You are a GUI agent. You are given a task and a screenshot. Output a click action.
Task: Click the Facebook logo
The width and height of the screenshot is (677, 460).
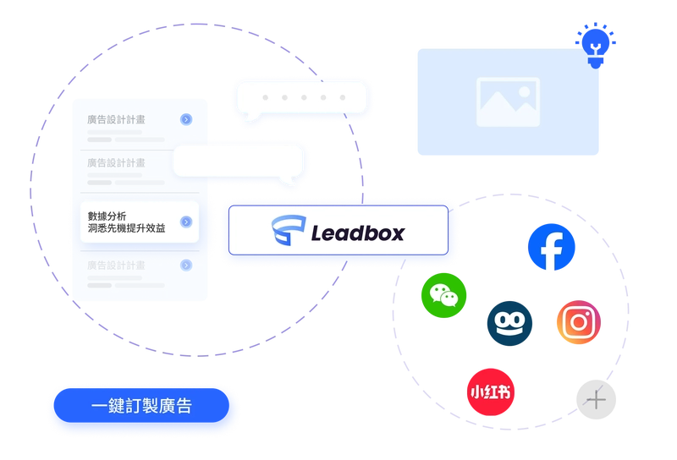pyautogui.click(x=551, y=248)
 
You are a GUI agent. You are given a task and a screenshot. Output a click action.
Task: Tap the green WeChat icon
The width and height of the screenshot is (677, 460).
pyautogui.click(x=443, y=296)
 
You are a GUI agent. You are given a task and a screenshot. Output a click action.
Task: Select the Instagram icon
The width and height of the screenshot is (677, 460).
pyautogui.click(x=579, y=322)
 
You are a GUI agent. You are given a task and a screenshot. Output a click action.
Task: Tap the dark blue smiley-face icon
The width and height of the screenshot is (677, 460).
pyautogui.click(x=509, y=323)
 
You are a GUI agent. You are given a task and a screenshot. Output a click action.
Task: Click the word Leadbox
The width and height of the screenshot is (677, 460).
pyautogui.click(x=356, y=232)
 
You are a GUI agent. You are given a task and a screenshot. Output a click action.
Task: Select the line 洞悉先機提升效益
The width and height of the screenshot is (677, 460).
pyautogui.click(x=127, y=228)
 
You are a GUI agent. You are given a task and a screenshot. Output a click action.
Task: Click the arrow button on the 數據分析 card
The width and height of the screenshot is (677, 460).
pyautogui.click(x=185, y=222)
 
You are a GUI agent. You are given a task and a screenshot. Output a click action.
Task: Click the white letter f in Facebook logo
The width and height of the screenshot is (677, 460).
pyautogui.click(x=554, y=249)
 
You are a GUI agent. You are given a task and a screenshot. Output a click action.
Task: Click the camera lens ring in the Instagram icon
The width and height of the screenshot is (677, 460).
pyautogui.click(x=579, y=322)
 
